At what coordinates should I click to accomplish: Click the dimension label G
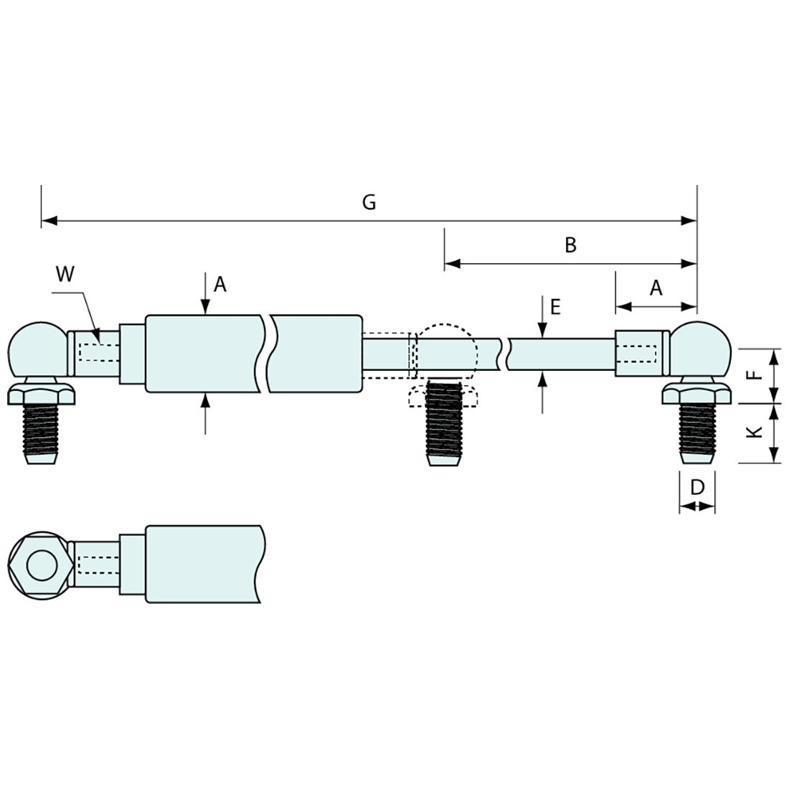(x=369, y=202)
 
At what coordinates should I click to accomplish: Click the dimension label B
(x=570, y=245)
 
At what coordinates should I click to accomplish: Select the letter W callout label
(x=65, y=275)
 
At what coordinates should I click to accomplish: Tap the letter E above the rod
(x=554, y=308)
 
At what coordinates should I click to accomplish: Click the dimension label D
(x=697, y=488)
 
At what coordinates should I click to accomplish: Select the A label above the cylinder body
(x=220, y=285)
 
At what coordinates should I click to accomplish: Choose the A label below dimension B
(x=656, y=288)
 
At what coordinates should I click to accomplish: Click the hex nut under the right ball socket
(x=697, y=394)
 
